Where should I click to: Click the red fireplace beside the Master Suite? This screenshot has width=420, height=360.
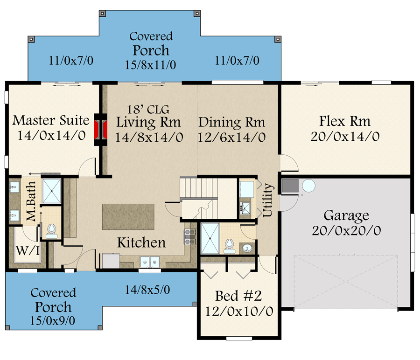101,130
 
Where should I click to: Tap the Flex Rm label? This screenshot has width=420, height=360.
345,121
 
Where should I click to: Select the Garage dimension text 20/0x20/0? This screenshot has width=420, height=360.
346,230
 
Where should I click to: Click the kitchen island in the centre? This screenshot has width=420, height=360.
128,217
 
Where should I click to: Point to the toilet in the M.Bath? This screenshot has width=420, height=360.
51,231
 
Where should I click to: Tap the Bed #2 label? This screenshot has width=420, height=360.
238,296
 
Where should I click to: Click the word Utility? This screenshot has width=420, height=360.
267,200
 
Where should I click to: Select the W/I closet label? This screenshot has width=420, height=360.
28,251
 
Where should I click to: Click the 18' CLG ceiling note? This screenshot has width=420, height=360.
148,110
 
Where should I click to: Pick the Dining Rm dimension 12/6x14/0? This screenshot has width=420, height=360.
231,137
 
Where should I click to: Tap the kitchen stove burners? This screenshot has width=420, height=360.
190,236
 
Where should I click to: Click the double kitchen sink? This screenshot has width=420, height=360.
150,262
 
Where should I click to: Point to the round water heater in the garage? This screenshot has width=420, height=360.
308,186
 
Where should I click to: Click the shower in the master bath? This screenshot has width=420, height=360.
52,191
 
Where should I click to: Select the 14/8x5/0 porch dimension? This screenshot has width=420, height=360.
147,290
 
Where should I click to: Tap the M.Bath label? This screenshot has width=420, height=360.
31,201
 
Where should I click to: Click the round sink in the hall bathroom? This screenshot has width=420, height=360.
247,248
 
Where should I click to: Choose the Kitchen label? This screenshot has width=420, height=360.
141,242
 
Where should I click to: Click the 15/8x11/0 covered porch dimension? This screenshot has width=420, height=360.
151,65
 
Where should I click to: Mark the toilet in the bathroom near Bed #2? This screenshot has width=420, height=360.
229,246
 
